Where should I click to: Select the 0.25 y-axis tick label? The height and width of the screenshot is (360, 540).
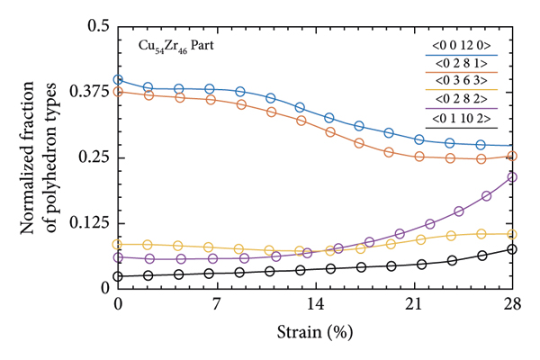[94, 157]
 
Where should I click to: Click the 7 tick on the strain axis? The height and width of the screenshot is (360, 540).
[217, 304]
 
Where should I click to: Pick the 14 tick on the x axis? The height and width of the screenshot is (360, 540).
[315, 304]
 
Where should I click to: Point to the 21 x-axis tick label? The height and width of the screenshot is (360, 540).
[413, 304]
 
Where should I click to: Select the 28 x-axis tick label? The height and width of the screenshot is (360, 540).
[511, 304]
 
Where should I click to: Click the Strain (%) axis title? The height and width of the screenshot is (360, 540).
[315, 330]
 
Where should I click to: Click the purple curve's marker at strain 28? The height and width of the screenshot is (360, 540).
[512, 176]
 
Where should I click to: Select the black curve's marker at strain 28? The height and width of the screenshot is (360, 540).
[512, 249]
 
